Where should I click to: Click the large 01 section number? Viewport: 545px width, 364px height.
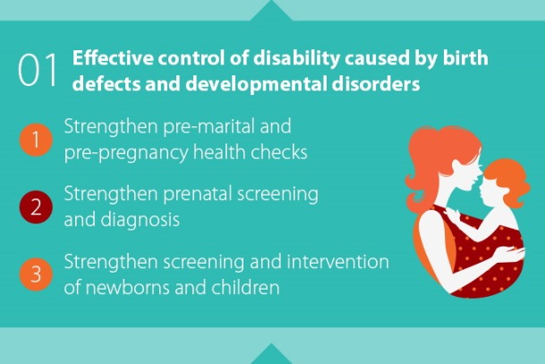[38, 70]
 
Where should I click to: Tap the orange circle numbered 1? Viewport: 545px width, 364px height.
[36, 139]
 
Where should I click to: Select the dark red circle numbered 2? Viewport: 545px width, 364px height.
[36, 207]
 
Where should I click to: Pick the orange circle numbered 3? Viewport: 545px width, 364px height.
[36, 274]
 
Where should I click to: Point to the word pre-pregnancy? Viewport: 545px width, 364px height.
[126, 152]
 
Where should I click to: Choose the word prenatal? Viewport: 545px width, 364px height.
[198, 194]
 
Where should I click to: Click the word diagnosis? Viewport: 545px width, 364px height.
[141, 221]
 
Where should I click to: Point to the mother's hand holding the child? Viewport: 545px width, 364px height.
[508, 254]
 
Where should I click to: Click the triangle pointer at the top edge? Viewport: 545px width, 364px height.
[271, 11]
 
